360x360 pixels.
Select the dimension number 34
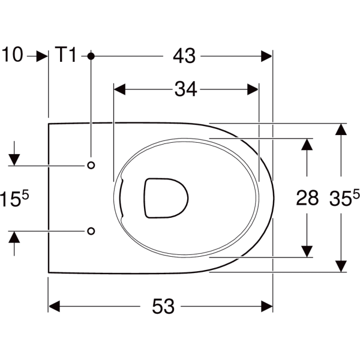(x=185, y=89)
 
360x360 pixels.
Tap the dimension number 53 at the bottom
(x=163, y=306)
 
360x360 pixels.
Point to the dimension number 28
(x=307, y=198)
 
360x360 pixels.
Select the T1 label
(x=67, y=56)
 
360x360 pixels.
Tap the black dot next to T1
(x=91, y=56)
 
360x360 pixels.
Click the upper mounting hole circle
(x=91, y=165)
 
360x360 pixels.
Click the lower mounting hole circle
(x=91, y=230)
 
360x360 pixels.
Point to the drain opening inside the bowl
(x=166, y=197)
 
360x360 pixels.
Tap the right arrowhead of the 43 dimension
(x=266, y=56)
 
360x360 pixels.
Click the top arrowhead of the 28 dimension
(x=307, y=144)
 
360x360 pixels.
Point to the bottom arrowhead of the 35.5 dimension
(x=341, y=265)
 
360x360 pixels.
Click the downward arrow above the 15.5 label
(x=14, y=159)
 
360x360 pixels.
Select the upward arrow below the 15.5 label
(x=14, y=236)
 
